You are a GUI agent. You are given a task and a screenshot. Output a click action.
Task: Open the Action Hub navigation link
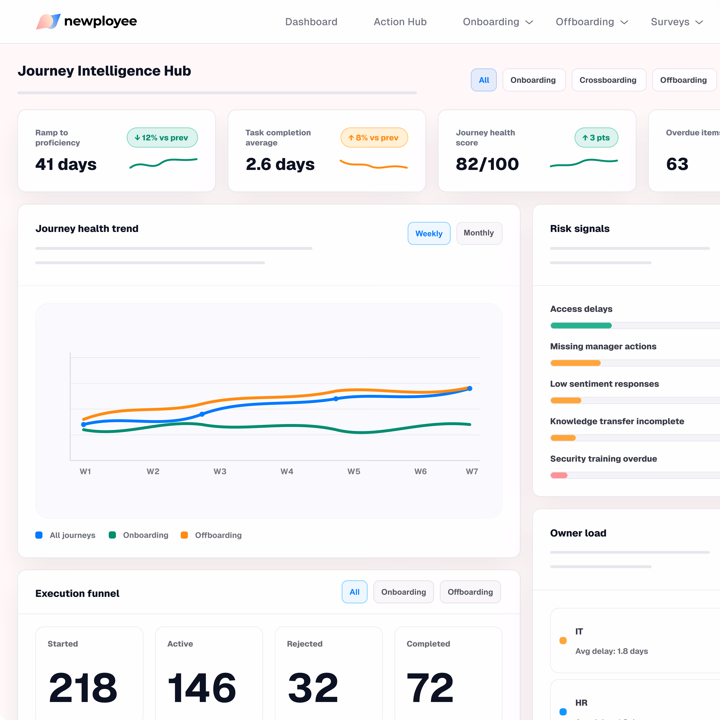pos(400,22)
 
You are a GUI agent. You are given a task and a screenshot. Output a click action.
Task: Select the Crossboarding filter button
pos(608,80)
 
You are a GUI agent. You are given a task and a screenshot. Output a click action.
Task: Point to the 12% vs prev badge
pos(162,138)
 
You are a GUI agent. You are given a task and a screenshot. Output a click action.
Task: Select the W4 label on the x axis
pos(287,471)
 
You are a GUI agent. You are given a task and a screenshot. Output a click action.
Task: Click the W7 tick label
pos(472,471)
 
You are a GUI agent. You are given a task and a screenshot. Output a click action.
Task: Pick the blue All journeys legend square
pos(39,535)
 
